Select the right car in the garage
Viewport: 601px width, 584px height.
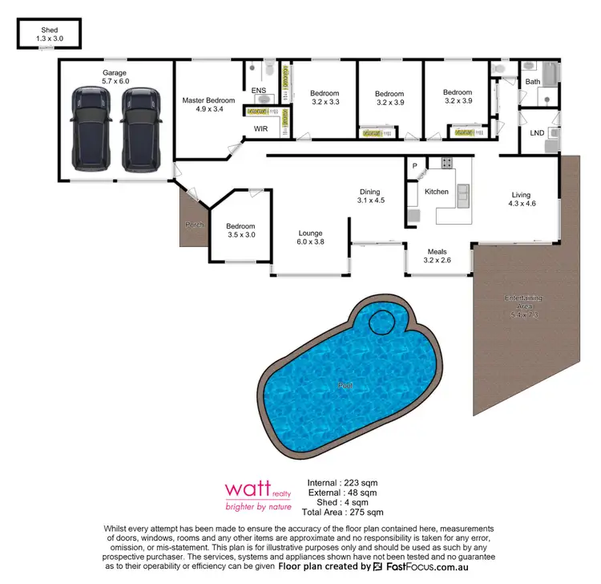tap(137, 129)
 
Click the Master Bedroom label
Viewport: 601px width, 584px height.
tap(208, 100)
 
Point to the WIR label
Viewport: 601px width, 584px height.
tap(260, 128)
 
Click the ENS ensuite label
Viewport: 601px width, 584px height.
tap(258, 91)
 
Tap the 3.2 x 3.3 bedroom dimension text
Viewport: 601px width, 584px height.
tap(325, 103)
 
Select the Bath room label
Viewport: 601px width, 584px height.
tap(533, 82)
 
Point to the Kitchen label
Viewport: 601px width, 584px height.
tap(437, 192)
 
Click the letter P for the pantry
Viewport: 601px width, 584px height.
tap(415, 166)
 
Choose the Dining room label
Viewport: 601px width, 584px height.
tap(369, 192)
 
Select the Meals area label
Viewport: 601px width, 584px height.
tap(438, 250)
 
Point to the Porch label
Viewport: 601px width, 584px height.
tap(193, 225)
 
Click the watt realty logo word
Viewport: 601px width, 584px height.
tap(243, 489)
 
